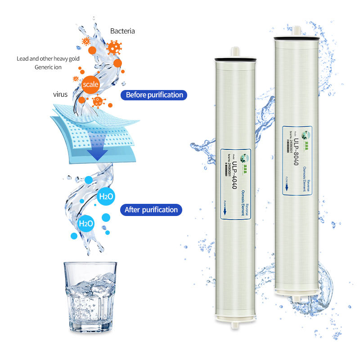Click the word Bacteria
click(122, 31)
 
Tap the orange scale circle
click(90, 84)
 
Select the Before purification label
click(154, 95)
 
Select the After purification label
click(151, 210)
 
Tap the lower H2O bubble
click(85, 223)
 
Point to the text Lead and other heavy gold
click(48, 59)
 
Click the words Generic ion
click(48, 67)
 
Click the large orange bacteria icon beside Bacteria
click(114, 47)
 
